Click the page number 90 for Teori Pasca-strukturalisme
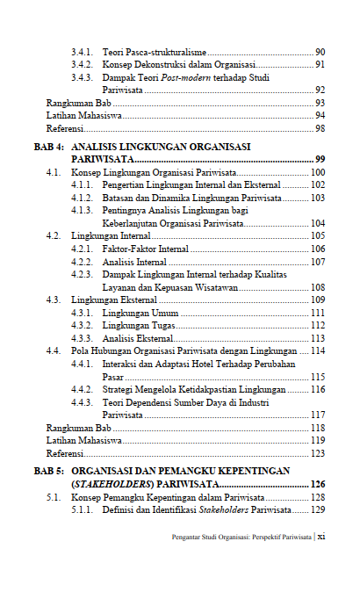coord(320,53)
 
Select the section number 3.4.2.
coord(83,65)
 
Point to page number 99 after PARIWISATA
coord(320,159)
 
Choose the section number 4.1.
coord(54,172)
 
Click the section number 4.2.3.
coord(83,274)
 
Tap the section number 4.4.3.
coord(83,401)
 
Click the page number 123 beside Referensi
coord(318,453)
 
